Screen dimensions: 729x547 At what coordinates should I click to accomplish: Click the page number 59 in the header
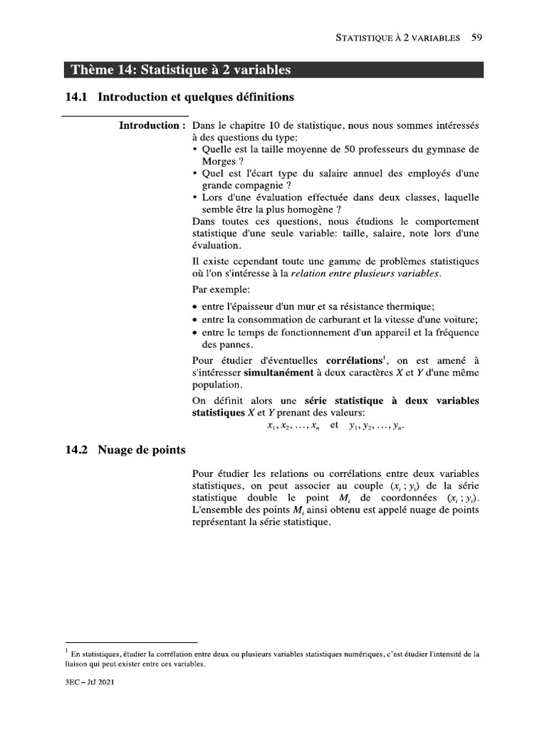click(x=478, y=38)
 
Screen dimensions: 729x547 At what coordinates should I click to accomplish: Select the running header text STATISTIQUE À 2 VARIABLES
click(x=397, y=38)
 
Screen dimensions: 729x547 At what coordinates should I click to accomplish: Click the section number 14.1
click(x=75, y=96)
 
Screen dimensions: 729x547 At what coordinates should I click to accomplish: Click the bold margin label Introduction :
click(x=152, y=126)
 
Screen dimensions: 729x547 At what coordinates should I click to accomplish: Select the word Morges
click(x=219, y=162)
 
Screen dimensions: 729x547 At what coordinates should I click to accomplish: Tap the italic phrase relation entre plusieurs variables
click(x=366, y=273)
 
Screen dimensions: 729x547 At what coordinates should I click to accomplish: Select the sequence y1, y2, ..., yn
click(x=380, y=426)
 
